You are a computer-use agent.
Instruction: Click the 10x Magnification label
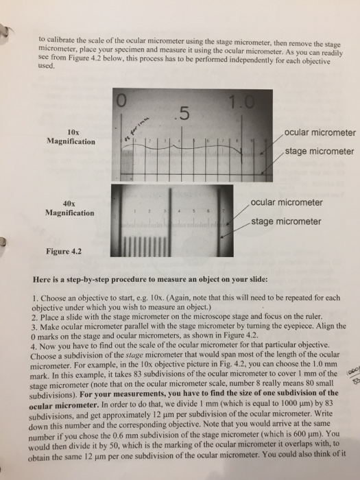[71, 136]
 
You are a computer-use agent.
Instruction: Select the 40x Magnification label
[71, 208]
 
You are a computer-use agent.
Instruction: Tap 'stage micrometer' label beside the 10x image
[319, 151]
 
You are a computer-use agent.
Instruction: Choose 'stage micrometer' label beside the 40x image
[286, 221]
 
